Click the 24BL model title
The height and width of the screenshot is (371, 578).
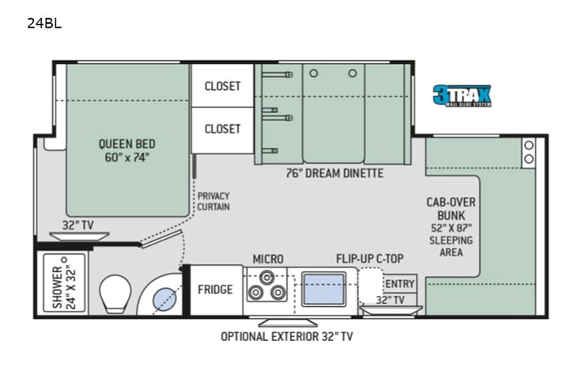pos(43,23)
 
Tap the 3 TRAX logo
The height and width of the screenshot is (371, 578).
pos(462,96)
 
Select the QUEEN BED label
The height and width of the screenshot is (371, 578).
pos(127,150)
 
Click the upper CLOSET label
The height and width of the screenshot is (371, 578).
pos(222,86)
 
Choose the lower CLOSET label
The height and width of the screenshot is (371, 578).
pos(222,128)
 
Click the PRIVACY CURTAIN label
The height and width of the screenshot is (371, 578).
pos(213,201)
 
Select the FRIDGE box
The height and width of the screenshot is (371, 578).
pos(215,290)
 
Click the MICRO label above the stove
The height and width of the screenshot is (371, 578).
pos(268,259)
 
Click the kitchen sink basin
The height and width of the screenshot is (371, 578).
pos(323,289)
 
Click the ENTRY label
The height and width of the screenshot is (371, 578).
pos(400,284)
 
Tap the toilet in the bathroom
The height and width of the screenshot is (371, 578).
pos(115,293)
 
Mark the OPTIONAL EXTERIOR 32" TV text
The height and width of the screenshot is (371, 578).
pos(287,336)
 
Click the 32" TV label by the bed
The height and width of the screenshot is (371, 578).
pos(77,225)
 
